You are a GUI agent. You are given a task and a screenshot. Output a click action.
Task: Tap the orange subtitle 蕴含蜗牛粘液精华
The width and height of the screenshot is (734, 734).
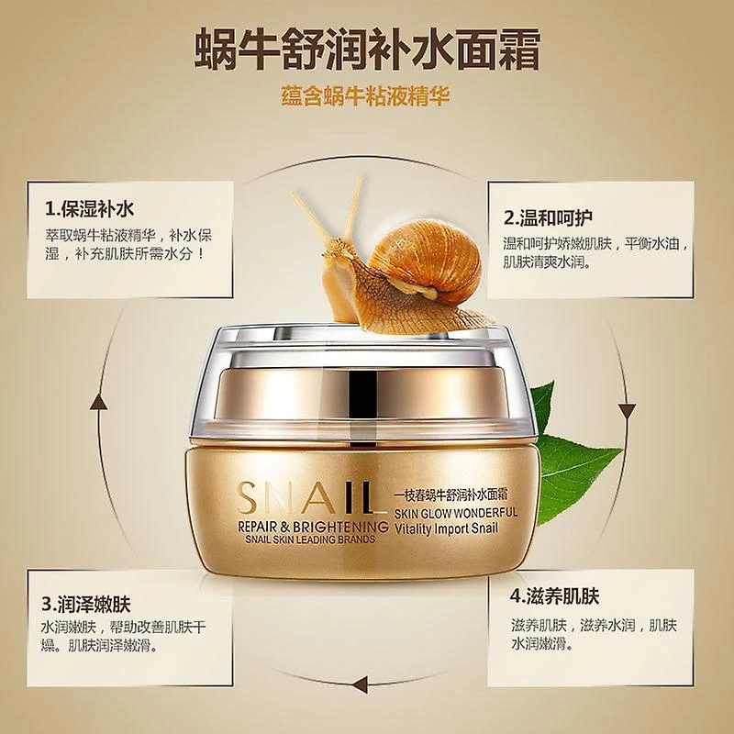pos(365,96)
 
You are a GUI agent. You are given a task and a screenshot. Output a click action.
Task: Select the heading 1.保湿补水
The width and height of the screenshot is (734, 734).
pos(89,208)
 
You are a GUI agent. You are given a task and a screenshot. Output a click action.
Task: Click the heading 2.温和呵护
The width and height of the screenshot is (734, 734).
pos(548,217)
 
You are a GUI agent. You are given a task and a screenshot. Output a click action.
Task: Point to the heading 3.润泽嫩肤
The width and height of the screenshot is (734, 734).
pos(85,604)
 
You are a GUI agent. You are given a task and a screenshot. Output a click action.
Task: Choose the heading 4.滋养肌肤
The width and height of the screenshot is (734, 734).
pos(555,596)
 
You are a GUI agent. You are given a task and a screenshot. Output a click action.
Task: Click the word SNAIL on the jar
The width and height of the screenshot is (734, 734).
pos(306,497)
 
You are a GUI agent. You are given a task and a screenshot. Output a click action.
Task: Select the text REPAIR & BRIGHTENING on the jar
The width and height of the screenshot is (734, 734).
pos(313,527)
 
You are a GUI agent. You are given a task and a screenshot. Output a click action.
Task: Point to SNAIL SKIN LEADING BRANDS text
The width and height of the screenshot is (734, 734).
pos(310,539)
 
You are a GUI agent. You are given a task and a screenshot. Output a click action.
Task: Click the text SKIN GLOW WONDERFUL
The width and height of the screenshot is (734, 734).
pos(456,513)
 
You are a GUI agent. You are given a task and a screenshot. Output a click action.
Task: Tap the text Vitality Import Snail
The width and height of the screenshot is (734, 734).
pos(447,529)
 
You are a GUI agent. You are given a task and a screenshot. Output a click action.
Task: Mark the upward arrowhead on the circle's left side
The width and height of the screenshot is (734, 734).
pos(98,402)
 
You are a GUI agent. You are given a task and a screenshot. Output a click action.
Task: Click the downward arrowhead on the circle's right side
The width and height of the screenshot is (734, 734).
pos(627,411)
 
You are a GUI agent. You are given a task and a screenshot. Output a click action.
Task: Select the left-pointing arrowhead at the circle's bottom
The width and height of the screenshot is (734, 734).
pos(360,684)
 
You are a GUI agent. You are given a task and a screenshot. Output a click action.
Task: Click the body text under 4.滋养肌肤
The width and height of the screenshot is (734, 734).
pos(594,634)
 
